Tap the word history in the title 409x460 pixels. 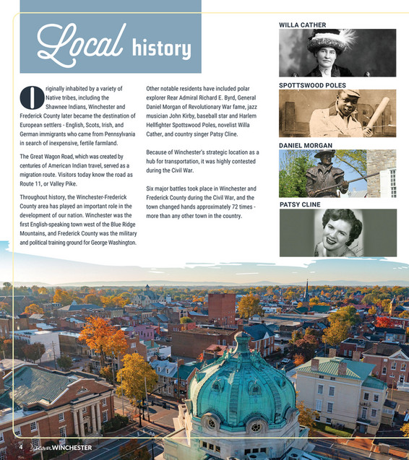click(x=161, y=48)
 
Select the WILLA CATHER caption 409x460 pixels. click(x=302, y=25)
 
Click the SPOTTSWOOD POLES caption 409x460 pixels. click(x=313, y=85)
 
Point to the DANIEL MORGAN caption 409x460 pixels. click(x=306, y=145)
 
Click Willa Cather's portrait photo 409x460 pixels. click(x=337, y=53)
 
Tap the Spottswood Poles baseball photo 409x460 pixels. click(x=337, y=113)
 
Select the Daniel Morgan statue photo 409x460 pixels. click(x=337, y=173)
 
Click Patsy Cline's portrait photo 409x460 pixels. click(x=337, y=233)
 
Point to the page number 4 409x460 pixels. click(x=21, y=447)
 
